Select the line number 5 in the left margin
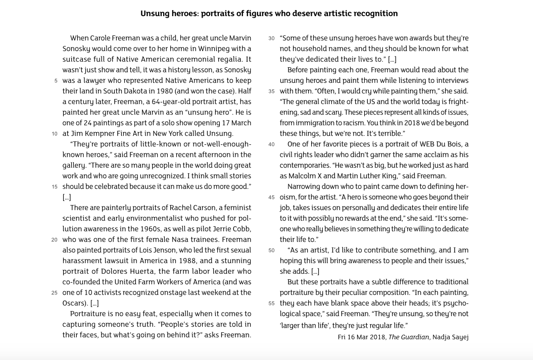pos(55,81)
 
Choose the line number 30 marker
pos(271,38)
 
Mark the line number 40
pos(271,144)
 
